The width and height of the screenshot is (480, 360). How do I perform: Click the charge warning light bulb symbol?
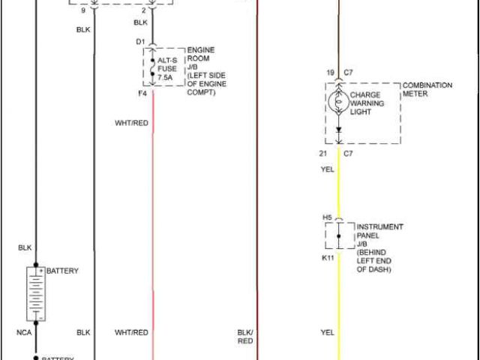click(338, 103)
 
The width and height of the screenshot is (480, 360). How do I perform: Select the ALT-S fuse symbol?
click(153, 67)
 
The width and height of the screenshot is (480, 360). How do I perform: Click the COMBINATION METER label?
click(427, 90)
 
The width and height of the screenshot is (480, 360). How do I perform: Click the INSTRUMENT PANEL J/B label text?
click(379, 247)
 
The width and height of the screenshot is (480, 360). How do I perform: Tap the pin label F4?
click(142, 93)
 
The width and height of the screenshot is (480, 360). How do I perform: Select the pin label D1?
click(140, 41)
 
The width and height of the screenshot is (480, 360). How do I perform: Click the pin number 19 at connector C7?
click(329, 73)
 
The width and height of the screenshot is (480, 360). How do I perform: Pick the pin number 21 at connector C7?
click(322, 153)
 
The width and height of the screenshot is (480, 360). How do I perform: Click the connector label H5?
click(327, 217)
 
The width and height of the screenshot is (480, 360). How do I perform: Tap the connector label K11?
click(328, 258)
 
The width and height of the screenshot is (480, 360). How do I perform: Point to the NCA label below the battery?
click(25, 331)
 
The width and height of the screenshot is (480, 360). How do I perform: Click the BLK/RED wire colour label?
click(245, 336)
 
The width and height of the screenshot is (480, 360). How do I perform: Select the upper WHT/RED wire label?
click(131, 122)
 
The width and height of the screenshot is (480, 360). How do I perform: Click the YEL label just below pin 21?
click(328, 169)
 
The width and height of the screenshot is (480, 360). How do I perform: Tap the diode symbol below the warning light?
click(338, 130)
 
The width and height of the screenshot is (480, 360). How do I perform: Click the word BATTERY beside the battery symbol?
click(62, 271)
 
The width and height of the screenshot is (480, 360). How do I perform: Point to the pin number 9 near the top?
click(83, 10)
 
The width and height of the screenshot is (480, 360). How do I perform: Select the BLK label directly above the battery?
click(25, 247)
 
